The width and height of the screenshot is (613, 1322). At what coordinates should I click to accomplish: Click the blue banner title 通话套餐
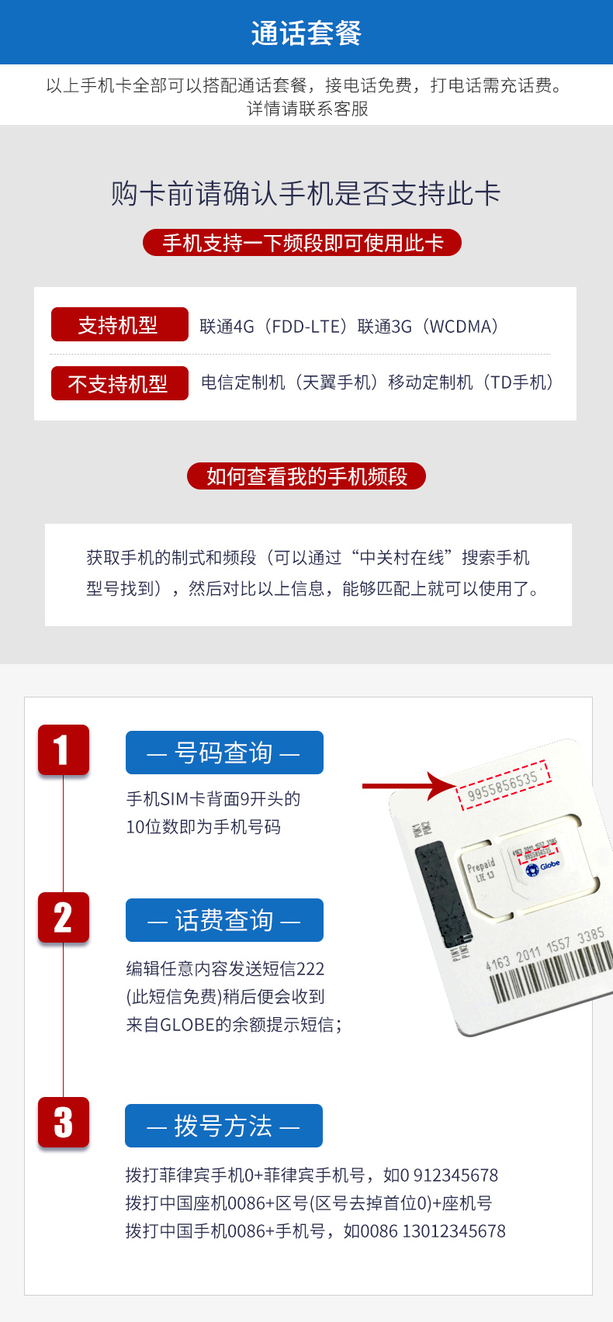point(306,33)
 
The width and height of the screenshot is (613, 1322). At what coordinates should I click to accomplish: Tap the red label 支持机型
point(119,324)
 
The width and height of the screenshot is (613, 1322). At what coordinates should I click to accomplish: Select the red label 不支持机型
point(119,383)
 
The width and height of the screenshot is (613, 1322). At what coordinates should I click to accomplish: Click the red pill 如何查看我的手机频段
point(306,476)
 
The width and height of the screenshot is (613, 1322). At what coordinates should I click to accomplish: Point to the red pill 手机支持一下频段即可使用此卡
point(302,243)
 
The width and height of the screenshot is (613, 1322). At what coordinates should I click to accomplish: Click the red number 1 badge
point(63,750)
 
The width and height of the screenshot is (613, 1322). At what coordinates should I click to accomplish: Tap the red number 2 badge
point(63,918)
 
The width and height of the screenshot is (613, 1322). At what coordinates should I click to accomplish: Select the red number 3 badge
point(63,1123)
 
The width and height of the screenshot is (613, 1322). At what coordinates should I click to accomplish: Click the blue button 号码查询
point(224,753)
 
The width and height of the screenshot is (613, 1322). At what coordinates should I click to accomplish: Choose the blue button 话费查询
point(224,920)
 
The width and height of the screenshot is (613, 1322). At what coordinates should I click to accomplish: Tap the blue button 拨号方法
point(223,1126)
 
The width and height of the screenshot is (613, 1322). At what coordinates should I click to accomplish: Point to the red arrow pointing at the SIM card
point(407,786)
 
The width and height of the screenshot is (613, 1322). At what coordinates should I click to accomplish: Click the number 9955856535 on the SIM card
point(503,785)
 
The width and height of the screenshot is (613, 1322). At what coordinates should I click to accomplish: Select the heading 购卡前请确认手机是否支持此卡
point(306,194)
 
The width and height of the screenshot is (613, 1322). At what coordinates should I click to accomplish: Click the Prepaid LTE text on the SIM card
point(481,870)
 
